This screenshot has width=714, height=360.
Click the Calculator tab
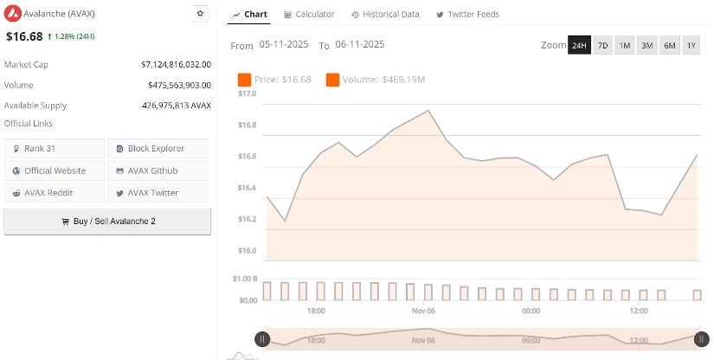[x=309, y=15]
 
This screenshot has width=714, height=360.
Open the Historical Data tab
[x=385, y=15]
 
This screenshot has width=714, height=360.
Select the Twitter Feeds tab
[x=467, y=15]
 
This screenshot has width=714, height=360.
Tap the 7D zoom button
[x=602, y=45]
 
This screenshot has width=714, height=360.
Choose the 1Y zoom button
[x=691, y=45]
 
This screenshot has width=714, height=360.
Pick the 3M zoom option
[x=646, y=45]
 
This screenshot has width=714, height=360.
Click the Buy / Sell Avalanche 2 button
[x=107, y=222]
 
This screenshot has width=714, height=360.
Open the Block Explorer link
[x=158, y=149]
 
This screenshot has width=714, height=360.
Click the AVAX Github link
[x=158, y=170]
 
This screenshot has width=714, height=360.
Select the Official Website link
[x=55, y=170]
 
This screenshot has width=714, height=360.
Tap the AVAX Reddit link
[x=55, y=193]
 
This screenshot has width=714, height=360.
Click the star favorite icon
[x=200, y=14]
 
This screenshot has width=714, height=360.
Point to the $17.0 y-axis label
[x=247, y=93]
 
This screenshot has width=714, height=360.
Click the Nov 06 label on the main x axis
[x=423, y=311]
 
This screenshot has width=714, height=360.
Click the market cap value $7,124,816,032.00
[x=176, y=64]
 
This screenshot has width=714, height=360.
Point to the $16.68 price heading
[x=24, y=36]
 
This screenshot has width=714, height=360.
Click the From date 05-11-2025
[x=285, y=44]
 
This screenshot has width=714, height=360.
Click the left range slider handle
[x=262, y=339]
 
